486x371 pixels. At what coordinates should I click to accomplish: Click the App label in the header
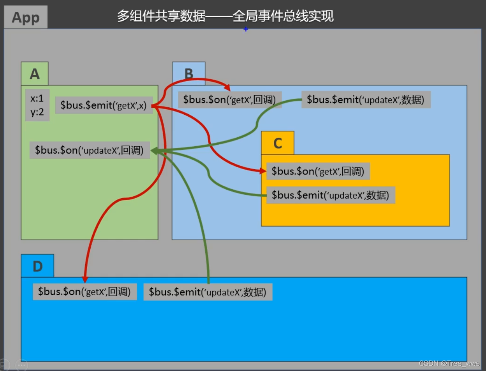click(x=25, y=18)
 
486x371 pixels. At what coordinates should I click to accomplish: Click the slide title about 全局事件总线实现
click(x=225, y=16)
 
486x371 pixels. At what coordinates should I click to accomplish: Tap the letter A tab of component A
click(x=35, y=74)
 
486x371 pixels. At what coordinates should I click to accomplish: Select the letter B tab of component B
click(x=188, y=74)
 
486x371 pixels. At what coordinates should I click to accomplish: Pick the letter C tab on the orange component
click(x=277, y=143)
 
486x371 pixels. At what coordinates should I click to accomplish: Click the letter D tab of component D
click(x=37, y=266)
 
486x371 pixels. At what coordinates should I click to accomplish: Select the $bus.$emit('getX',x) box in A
click(x=104, y=106)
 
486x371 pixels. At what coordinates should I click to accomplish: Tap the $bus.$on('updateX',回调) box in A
click(x=90, y=150)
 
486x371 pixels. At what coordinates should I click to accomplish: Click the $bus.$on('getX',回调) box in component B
click(x=230, y=100)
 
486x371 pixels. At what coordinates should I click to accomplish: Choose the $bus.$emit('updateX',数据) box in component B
click(x=366, y=100)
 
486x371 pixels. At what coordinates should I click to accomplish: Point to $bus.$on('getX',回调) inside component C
click(x=318, y=171)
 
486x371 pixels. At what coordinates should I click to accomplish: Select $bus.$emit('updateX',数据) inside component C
click(x=330, y=195)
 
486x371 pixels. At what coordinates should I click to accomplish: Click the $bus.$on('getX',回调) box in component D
click(x=85, y=292)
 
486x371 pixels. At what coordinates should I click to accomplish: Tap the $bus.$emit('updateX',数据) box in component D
click(x=208, y=292)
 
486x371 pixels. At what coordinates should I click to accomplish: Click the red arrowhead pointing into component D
click(x=85, y=279)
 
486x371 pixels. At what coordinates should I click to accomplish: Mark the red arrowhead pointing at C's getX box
click(x=262, y=170)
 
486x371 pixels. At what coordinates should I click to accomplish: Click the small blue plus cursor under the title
click(x=246, y=29)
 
